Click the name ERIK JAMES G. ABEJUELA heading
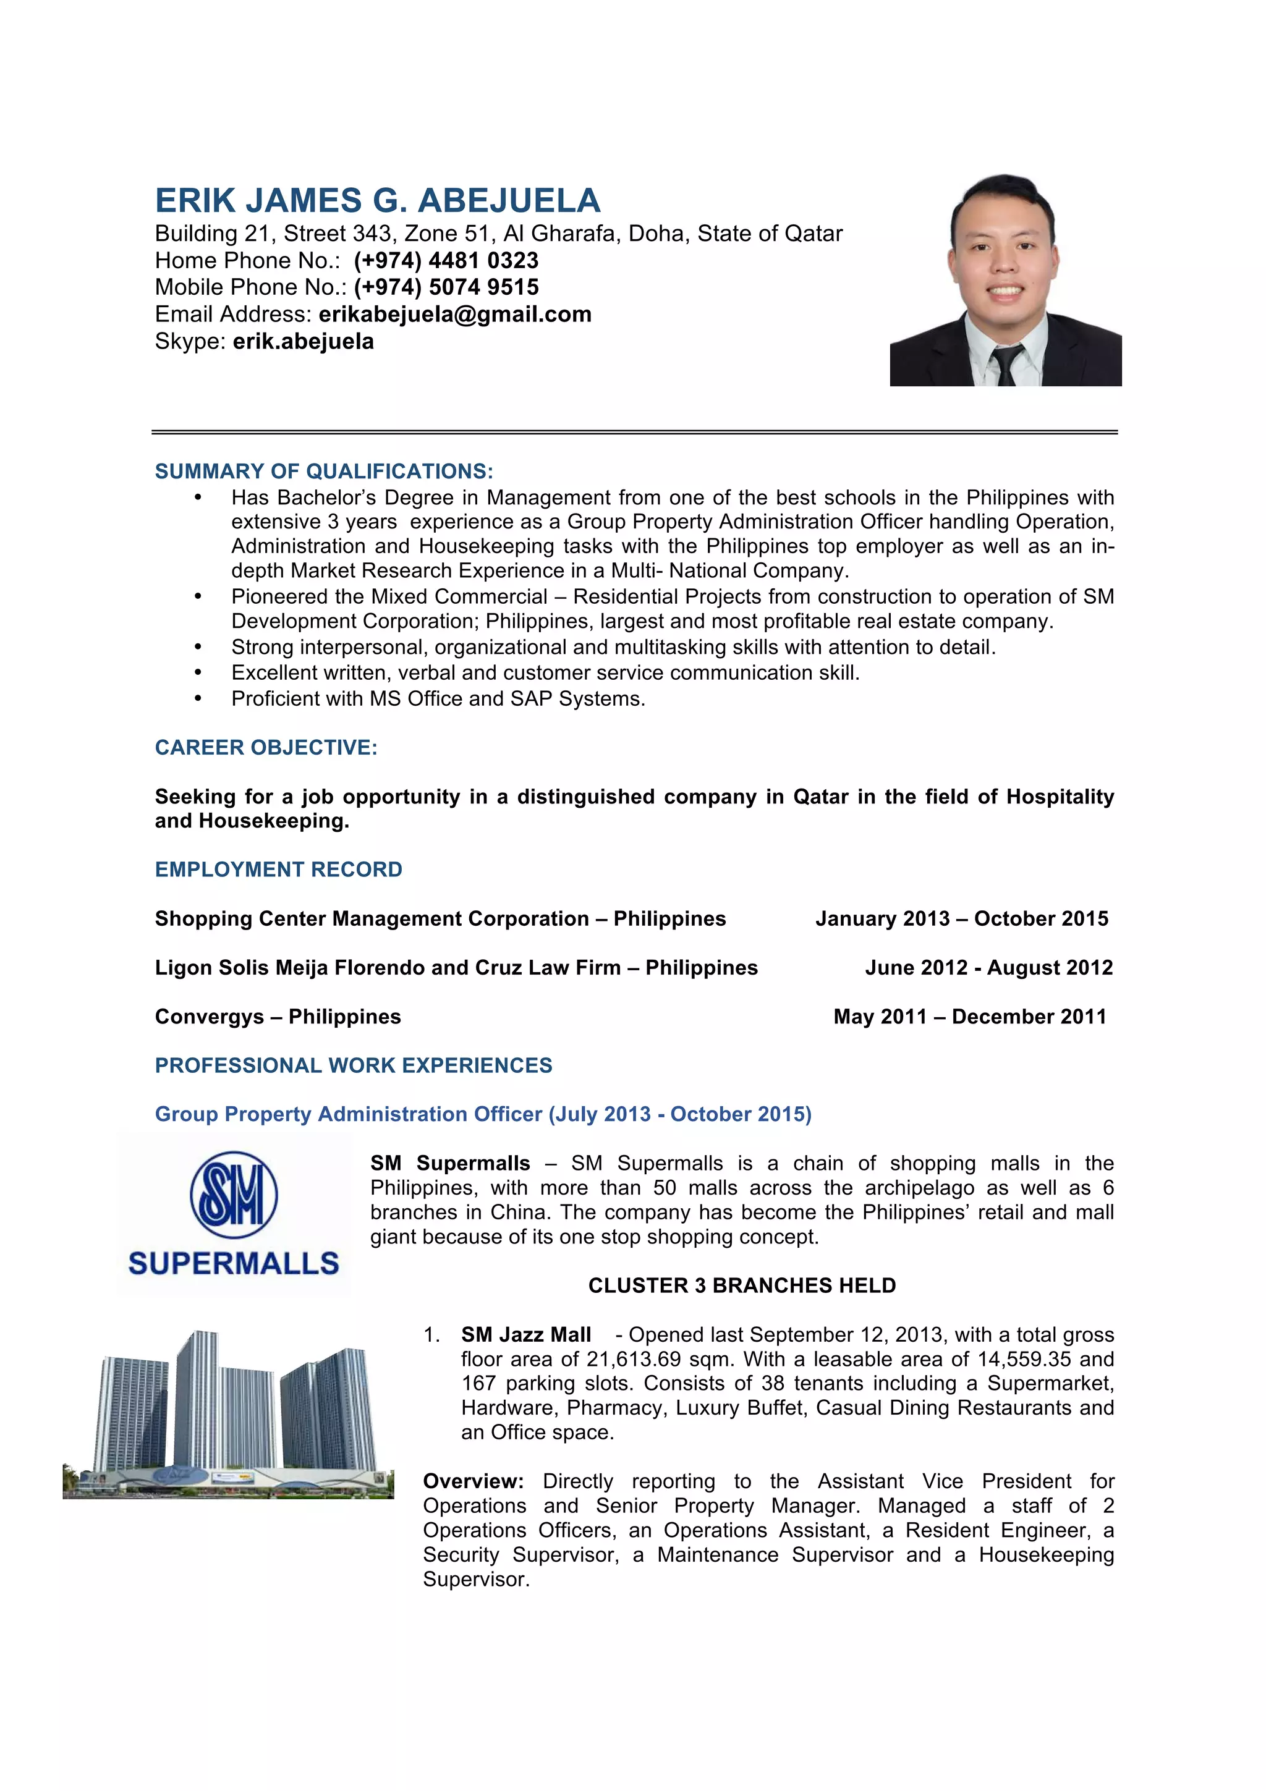[378, 200]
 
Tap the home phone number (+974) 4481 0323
[446, 261]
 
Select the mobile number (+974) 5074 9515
[446, 287]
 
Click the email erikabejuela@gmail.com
[455, 315]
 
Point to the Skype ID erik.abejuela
[303, 342]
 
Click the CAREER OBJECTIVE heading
[266, 747]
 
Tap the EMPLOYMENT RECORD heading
[278, 869]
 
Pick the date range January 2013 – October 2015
[962, 918]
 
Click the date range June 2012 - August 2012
[988, 967]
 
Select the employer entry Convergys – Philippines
[278, 1017]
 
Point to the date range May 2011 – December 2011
[969, 1017]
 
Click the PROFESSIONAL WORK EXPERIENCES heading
[354, 1065]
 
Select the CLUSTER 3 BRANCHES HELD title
[742, 1285]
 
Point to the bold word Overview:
[473, 1481]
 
